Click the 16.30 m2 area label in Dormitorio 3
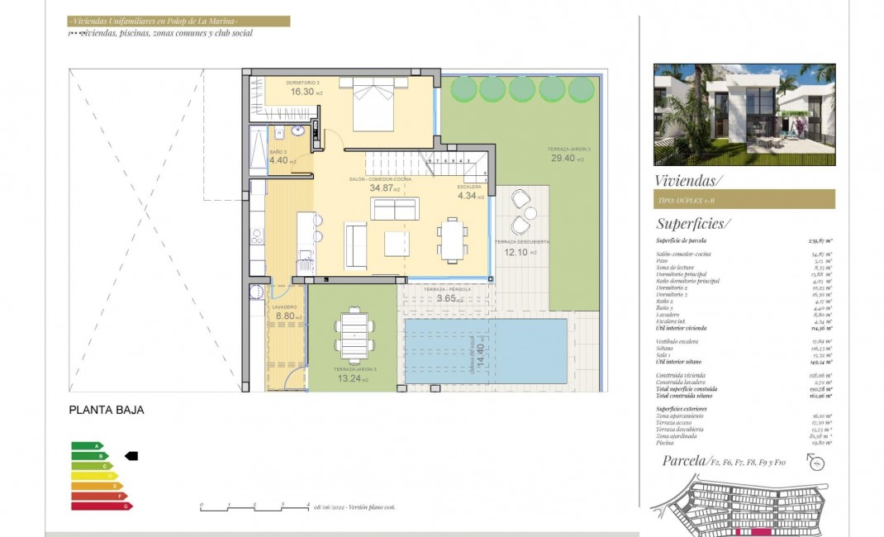302,92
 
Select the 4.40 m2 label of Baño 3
278,160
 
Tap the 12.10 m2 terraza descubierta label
516,252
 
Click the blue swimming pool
486,351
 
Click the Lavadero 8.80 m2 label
285,315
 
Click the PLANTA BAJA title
107,409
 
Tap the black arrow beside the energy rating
131,455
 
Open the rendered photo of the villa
744,115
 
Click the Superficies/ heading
692,224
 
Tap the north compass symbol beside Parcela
816,463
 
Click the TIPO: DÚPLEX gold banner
744,199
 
